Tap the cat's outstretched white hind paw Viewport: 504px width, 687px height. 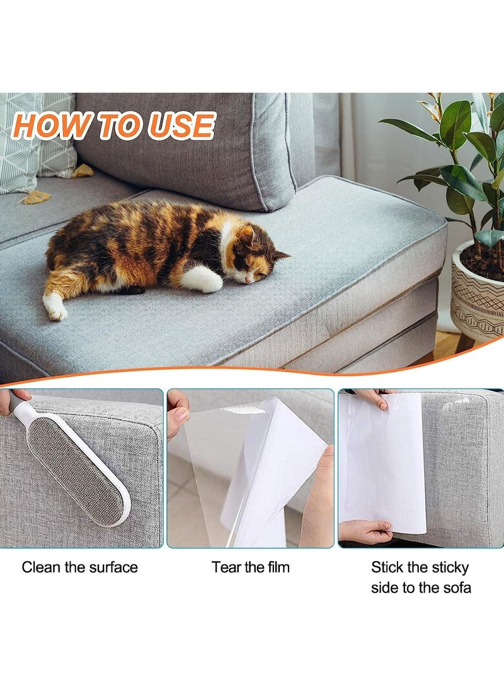55,308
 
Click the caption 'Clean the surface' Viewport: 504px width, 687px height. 80,567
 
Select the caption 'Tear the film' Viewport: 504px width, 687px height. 251,567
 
